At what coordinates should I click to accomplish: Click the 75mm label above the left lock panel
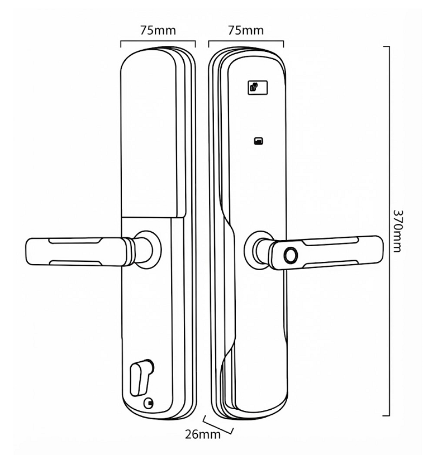point(158,30)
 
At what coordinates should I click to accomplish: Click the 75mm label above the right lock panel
point(246,30)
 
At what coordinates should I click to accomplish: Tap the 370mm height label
point(397,231)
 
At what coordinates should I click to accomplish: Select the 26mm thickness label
point(203,434)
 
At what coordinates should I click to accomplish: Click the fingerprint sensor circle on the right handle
point(291,255)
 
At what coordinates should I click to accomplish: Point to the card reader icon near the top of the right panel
point(258,88)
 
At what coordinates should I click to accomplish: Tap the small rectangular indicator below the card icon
point(259,141)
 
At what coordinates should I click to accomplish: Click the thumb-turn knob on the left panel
point(140,377)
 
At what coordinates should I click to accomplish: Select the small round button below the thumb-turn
point(149,403)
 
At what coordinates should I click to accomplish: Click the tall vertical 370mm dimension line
point(389,231)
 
